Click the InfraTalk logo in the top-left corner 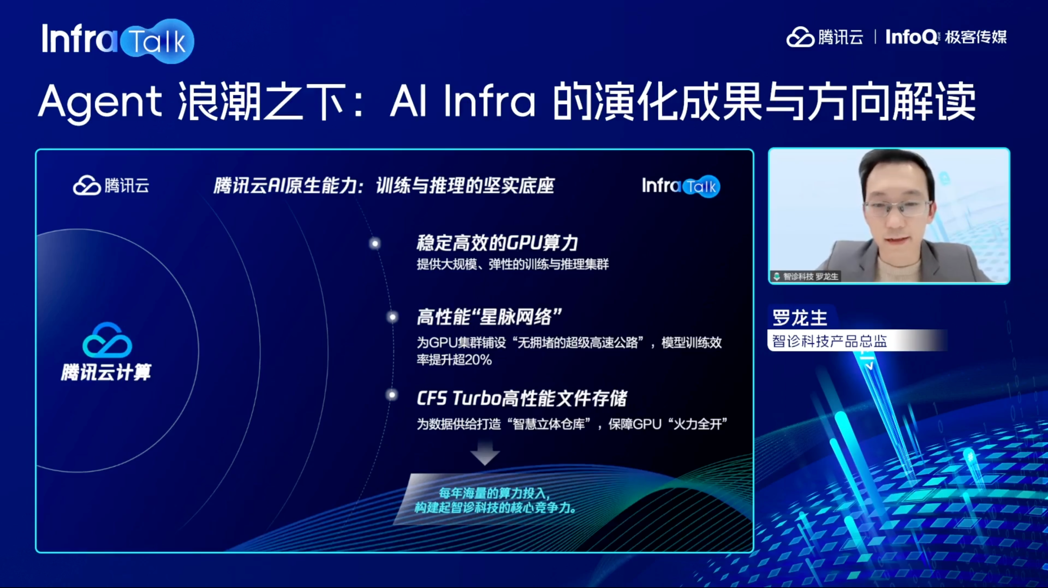coord(118,41)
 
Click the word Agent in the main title coord(100,102)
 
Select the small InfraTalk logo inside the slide coord(681,186)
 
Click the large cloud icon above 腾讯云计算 coord(107,340)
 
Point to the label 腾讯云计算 coord(106,372)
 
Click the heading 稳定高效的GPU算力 coord(497,243)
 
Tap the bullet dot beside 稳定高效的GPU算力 coord(375,244)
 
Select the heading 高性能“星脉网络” coord(489,317)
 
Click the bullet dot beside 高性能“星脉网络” coord(393,317)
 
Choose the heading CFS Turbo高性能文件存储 coord(522,398)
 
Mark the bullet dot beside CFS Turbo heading coord(392,395)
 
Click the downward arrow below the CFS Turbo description coord(485,453)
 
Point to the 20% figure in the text coord(478,360)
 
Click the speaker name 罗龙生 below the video coord(800,318)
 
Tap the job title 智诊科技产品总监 coord(829,341)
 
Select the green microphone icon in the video coord(777,276)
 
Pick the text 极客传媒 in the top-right coord(976,37)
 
